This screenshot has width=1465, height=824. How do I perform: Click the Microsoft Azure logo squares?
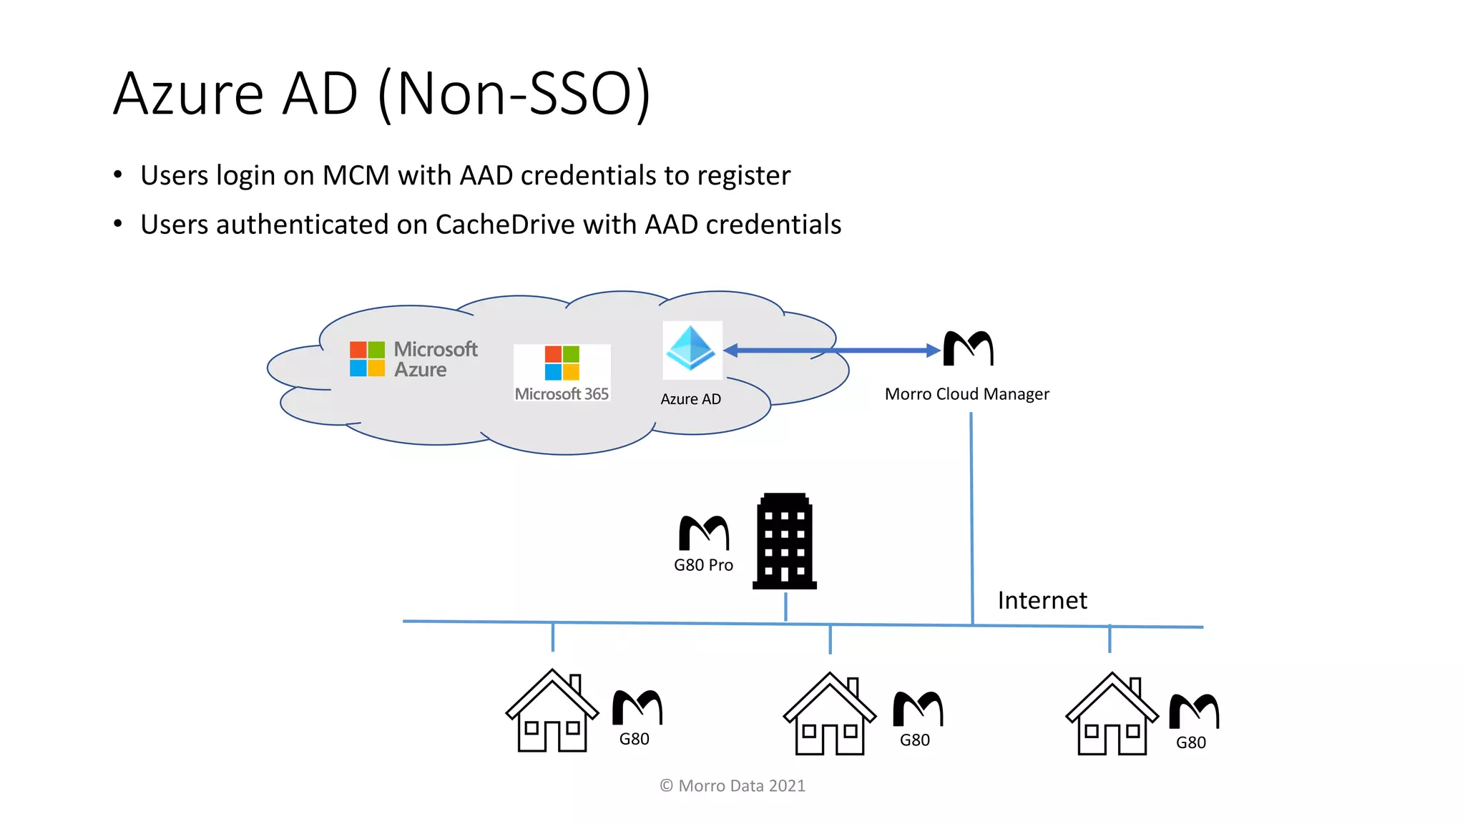[367, 358]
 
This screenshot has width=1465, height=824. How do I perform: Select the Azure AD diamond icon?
[691, 348]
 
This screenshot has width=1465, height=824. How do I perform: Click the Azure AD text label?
[690, 399]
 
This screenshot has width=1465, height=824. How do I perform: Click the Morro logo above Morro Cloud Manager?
[968, 348]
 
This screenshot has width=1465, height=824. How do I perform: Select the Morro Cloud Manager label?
[966, 394]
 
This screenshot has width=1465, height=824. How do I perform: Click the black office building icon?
[785, 541]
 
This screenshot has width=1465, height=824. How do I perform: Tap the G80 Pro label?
[703, 565]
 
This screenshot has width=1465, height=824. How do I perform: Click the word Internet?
[1042, 600]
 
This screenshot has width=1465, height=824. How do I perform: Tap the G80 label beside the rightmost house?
[1191, 742]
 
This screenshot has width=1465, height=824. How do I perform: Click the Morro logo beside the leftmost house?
[637, 707]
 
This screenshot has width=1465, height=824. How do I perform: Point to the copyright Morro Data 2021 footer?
[732, 785]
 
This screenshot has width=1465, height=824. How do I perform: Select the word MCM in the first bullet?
[356, 175]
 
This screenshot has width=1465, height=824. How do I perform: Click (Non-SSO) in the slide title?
[514, 94]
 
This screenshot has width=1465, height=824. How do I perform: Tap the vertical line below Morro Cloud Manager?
[971, 515]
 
